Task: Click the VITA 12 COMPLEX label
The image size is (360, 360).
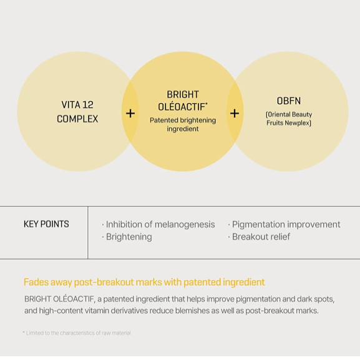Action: tap(77, 112)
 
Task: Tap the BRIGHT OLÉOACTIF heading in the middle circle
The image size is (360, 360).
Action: tap(183, 100)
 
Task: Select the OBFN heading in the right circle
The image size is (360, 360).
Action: tap(289, 101)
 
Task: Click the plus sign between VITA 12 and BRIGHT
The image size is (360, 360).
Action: tap(130, 114)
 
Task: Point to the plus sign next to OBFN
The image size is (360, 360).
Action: tap(235, 114)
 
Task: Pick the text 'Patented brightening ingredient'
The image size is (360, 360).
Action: tap(183, 124)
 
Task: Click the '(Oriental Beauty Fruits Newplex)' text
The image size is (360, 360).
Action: tap(289, 119)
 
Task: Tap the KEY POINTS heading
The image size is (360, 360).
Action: tap(46, 224)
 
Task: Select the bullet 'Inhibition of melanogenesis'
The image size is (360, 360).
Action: tap(158, 225)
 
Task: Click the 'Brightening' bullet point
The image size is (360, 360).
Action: tap(127, 236)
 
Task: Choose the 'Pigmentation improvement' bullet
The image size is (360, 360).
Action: tap(284, 225)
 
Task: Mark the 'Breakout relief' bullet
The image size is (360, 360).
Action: tap(259, 236)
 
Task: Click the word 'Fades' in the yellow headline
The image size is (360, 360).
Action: tap(36, 282)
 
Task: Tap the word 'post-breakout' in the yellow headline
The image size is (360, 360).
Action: tap(104, 282)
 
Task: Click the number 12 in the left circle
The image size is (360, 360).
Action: tap(88, 105)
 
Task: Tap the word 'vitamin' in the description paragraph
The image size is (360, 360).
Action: tap(97, 311)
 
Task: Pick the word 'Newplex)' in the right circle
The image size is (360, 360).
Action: tap(298, 123)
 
